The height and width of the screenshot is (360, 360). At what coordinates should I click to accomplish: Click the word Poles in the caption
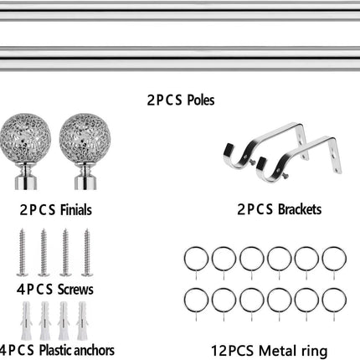(x=201, y=100)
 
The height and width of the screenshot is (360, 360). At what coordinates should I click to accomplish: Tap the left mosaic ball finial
(x=25, y=138)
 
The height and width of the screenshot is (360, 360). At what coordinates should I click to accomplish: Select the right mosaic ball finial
(x=85, y=138)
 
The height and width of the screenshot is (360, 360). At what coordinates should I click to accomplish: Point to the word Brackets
(x=300, y=209)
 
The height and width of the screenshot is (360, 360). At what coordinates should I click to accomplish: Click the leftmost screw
(x=22, y=252)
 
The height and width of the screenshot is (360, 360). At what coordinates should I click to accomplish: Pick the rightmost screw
(x=87, y=252)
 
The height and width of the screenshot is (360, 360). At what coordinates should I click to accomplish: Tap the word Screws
(x=75, y=290)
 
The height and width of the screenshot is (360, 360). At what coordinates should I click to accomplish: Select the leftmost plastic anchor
(x=26, y=321)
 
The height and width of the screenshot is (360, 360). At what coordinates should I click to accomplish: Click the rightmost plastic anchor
(x=82, y=321)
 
